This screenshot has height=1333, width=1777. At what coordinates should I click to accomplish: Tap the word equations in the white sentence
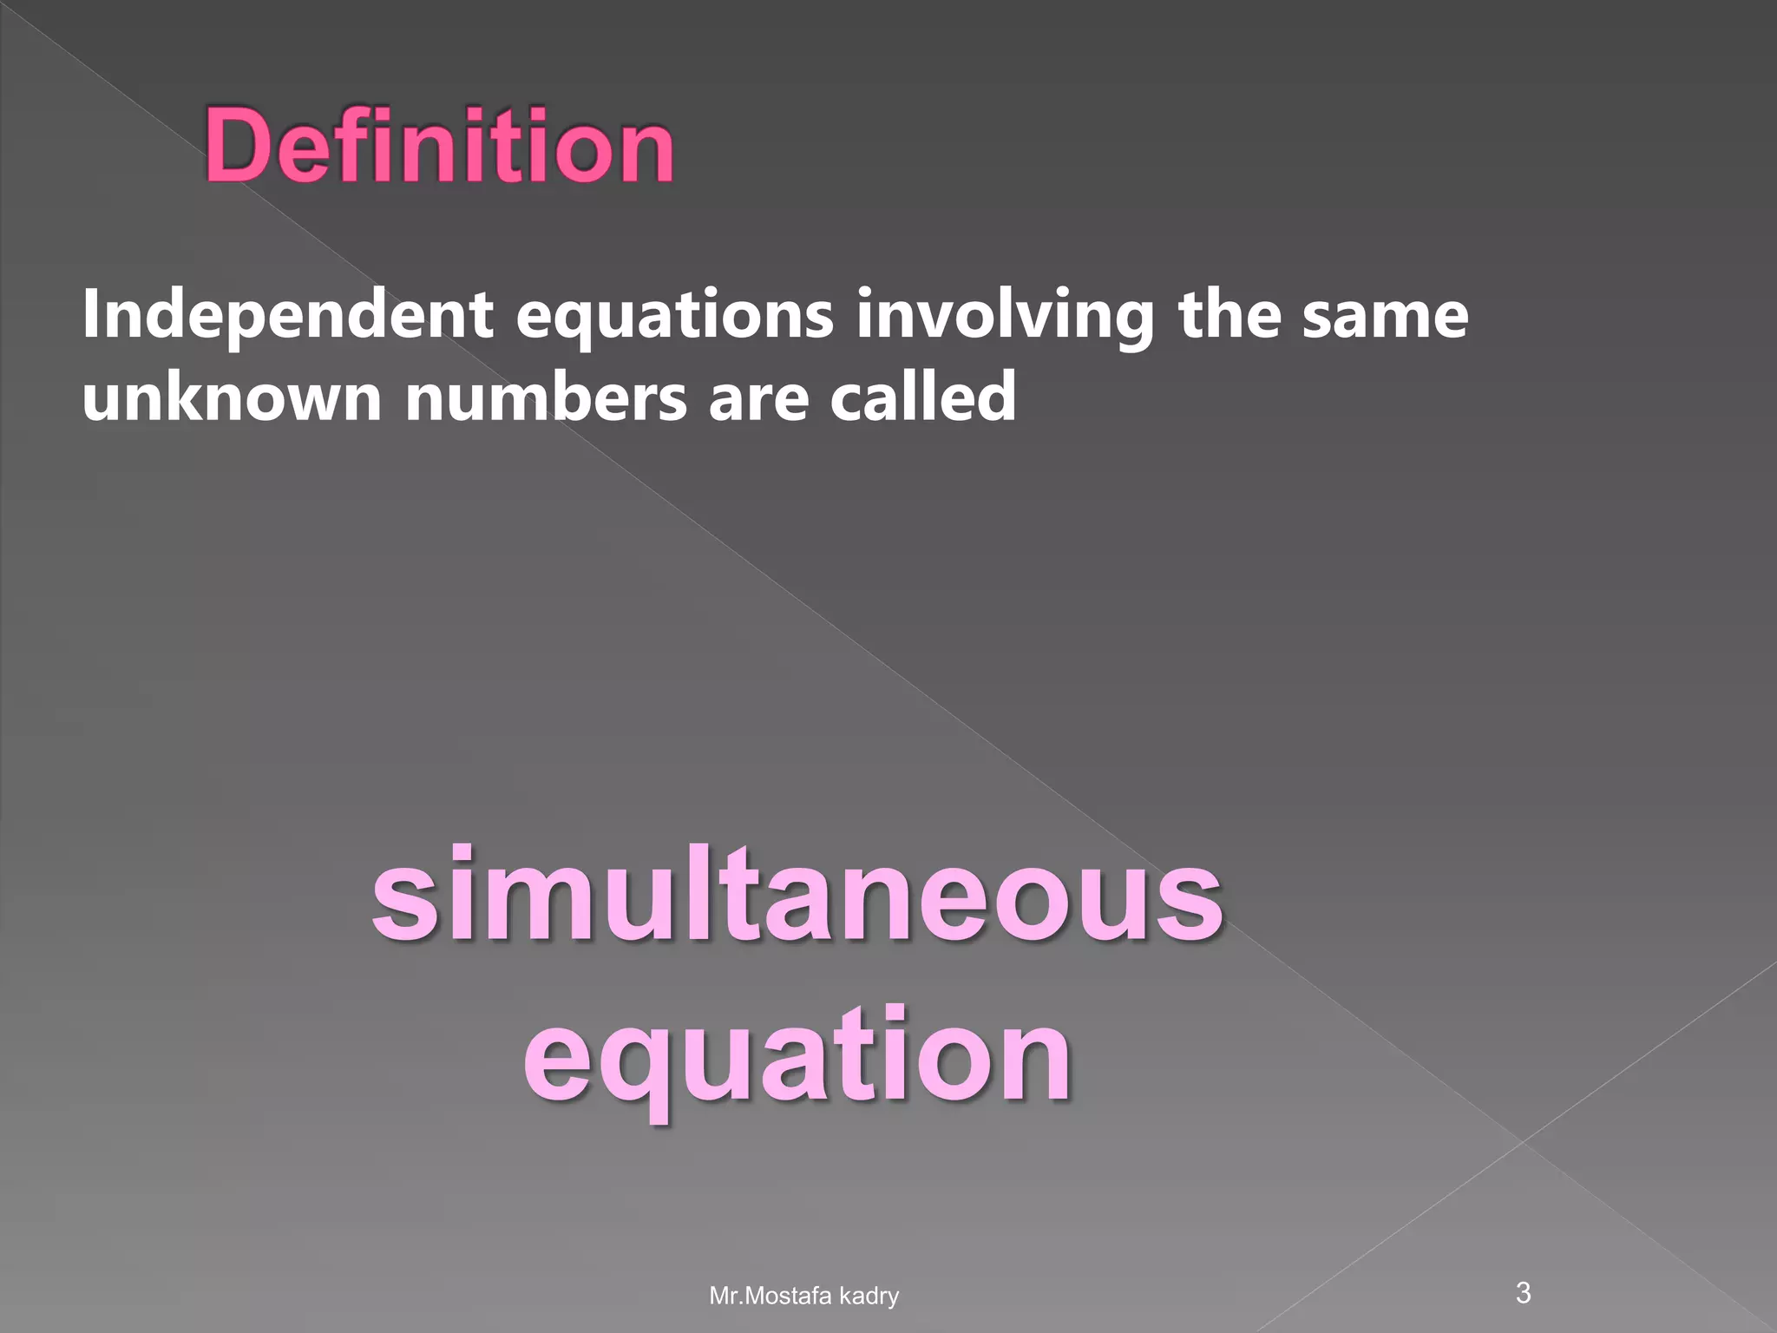(x=674, y=317)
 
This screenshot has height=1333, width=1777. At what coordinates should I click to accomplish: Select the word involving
(x=1005, y=317)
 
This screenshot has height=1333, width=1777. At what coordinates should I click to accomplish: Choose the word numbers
(x=546, y=396)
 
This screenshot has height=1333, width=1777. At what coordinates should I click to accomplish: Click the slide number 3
(x=1523, y=1292)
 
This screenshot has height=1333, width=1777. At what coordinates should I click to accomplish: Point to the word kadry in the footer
(x=869, y=1297)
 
